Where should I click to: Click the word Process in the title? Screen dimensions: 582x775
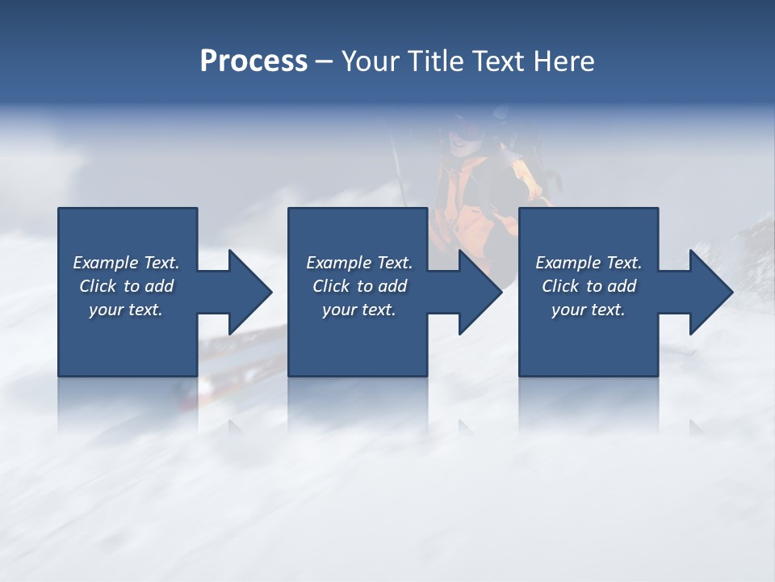(253, 61)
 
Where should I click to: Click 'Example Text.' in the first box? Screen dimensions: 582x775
(126, 263)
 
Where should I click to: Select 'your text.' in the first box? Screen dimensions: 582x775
(126, 310)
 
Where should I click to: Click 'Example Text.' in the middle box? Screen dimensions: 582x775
(359, 263)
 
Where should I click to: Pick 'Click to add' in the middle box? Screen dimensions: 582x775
(359, 286)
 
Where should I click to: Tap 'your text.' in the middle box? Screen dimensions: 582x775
(359, 310)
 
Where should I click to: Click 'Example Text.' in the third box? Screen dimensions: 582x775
(589, 263)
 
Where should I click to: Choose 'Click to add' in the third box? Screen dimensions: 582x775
(589, 286)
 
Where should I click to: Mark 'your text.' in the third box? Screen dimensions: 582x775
(589, 310)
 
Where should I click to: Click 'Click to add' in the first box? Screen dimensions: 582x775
(126, 286)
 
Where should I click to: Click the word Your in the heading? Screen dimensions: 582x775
(372, 61)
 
